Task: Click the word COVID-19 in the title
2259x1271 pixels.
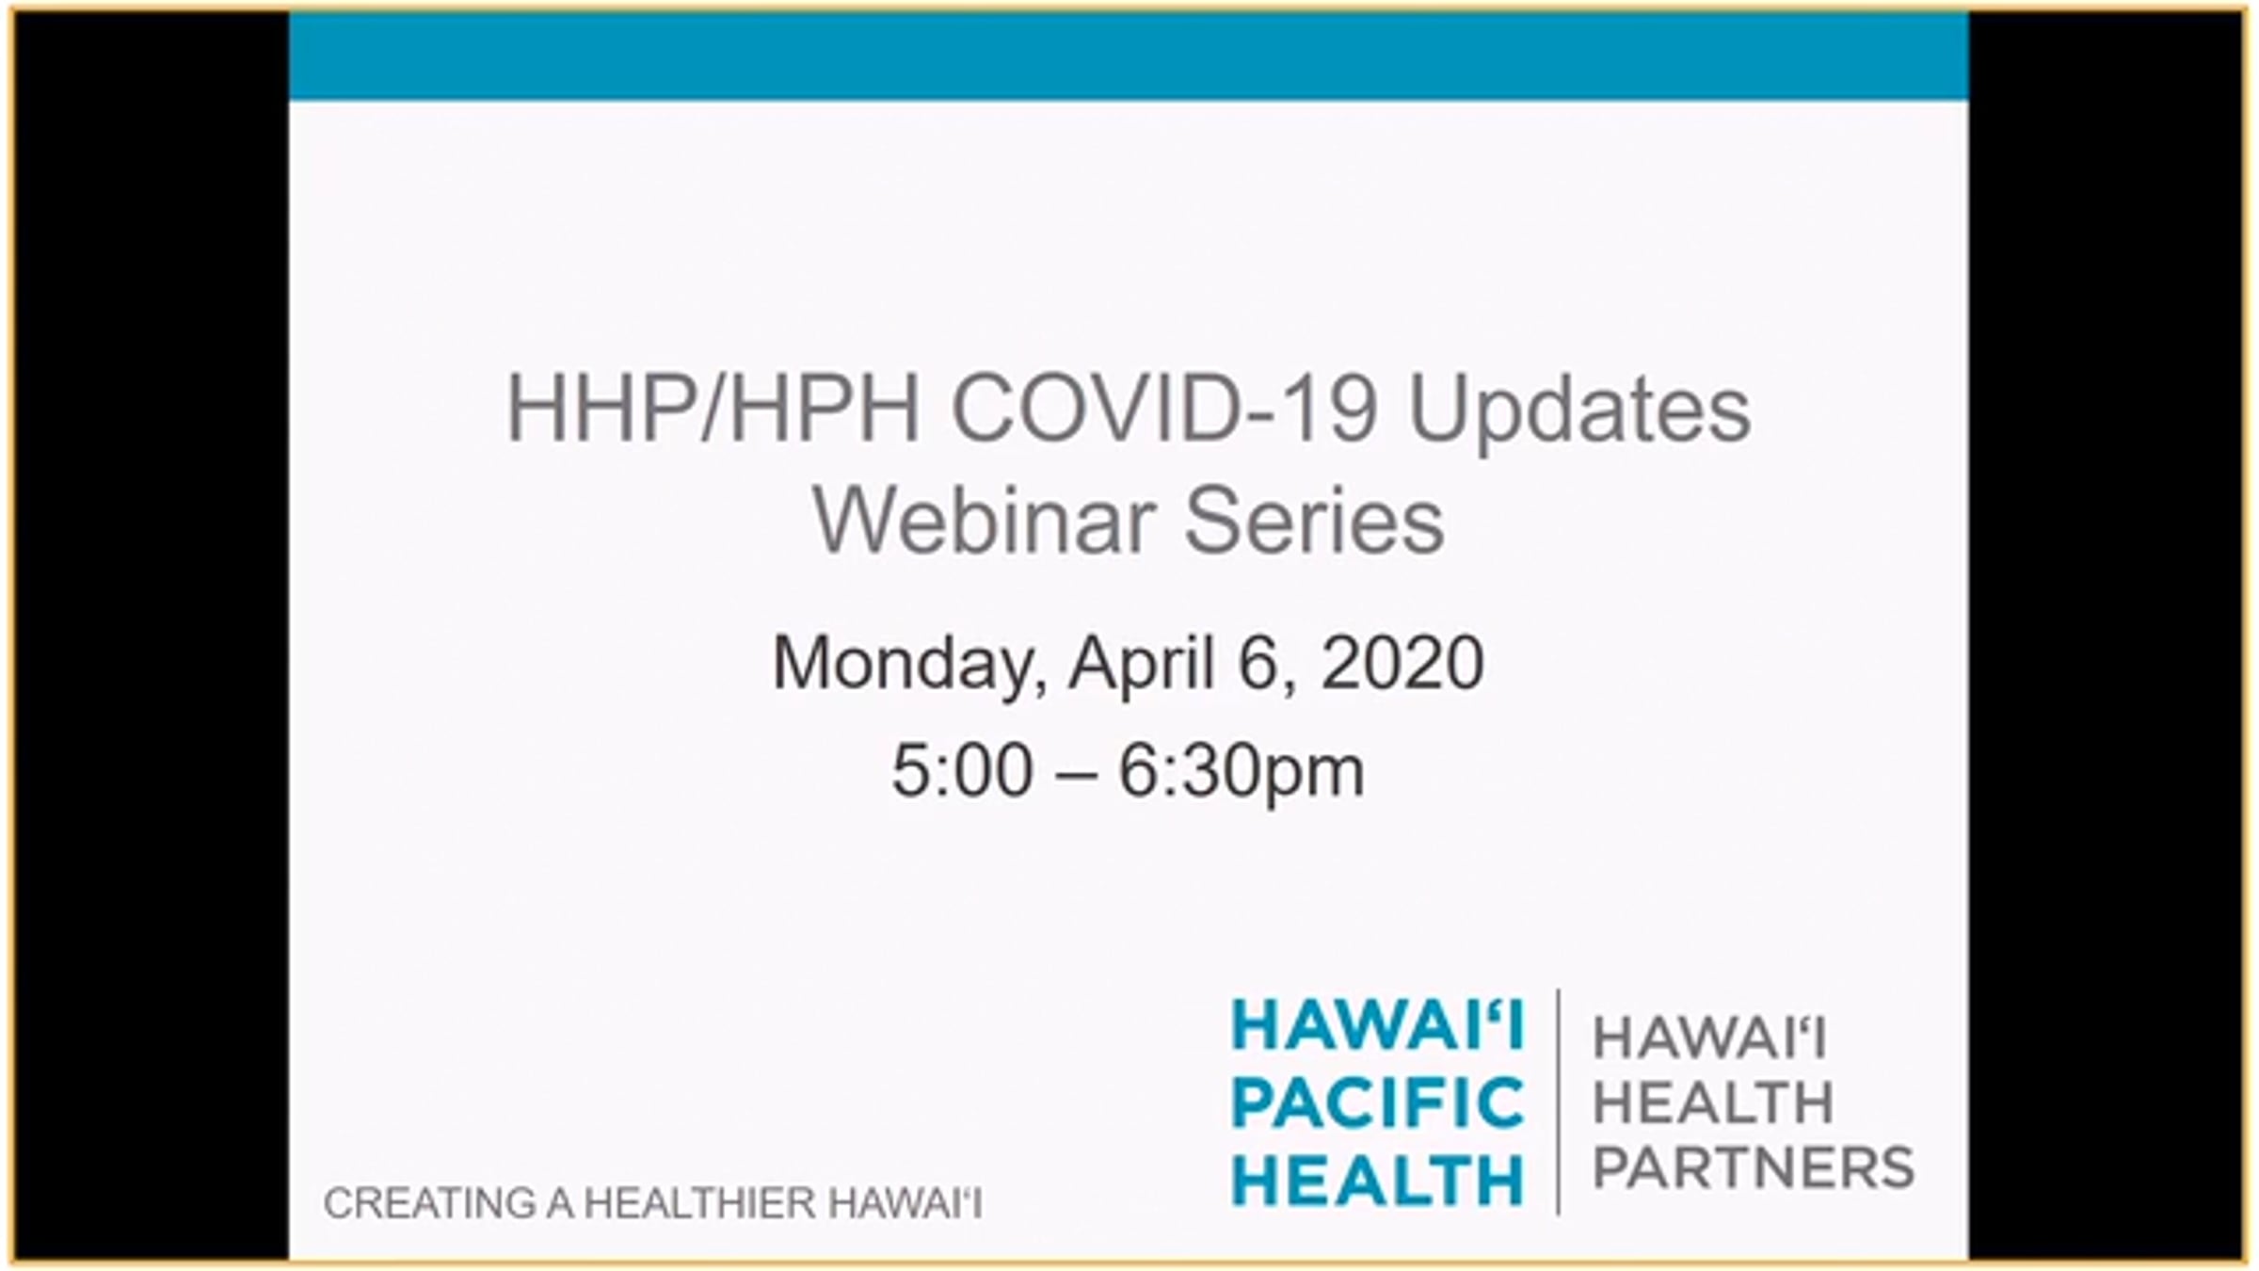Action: [x=1165, y=410]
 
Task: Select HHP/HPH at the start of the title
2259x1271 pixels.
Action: [x=713, y=410]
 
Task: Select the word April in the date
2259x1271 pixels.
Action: [x=1141, y=665]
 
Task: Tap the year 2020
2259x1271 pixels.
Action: [x=1402, y=663]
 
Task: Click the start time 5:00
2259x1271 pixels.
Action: [x=962, y=771]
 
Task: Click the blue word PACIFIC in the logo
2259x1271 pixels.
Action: [x=1378, y=1102]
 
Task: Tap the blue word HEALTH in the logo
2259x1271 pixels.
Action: [x=1378, y=1181]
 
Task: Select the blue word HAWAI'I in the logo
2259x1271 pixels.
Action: [x=1378, y=1024]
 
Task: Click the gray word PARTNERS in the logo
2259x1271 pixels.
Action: [x=1754, y=1167]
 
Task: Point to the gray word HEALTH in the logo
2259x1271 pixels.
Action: [x=1713, y=1102]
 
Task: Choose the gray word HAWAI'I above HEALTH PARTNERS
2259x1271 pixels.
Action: [x=1709, y=1039]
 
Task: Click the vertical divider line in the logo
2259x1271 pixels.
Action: [x=1559, y=1102]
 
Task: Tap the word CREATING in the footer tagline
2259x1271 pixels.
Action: [x=424, y=1203]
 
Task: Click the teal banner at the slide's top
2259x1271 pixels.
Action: [x=1129, y=56]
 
